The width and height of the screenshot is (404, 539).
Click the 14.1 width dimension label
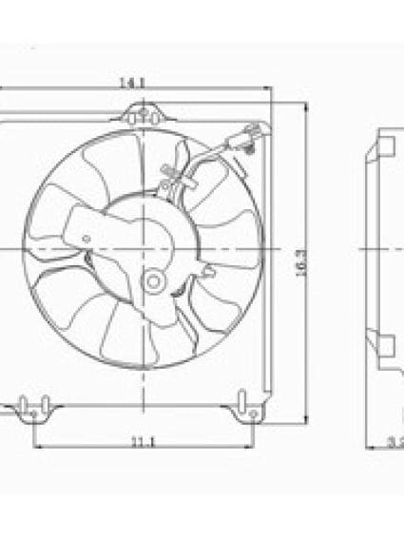point(131,84)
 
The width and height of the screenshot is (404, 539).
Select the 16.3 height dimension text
point(300,263)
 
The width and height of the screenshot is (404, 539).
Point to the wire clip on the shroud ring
point(171,176)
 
